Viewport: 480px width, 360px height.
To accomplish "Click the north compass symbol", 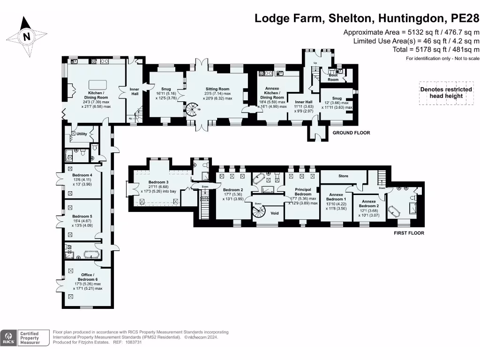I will click(x=27, y=37).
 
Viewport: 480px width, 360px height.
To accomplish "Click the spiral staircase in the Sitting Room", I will click(x=192, y=111).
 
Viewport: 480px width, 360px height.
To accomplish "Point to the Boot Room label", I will click(x=333, y=77).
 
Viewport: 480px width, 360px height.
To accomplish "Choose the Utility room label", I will click(x=82, y=134).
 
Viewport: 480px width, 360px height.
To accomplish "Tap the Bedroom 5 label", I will click(x=82, y=216).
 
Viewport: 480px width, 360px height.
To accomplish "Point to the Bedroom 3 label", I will click(x=158, y=182).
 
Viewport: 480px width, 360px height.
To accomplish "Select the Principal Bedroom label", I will click(x=303, y=192).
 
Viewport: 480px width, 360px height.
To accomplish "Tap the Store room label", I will click(x=343, y=177).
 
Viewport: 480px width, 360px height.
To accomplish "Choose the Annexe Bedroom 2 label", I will click(x=368, y=203).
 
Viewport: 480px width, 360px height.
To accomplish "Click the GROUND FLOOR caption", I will click(x=351, y=133).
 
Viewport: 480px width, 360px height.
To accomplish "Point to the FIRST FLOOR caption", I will click(x=409, y=233).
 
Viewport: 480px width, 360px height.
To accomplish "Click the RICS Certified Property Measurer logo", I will click(x=25, y=338).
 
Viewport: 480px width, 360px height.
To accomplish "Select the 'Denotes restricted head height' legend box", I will click(x=446, y=93).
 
